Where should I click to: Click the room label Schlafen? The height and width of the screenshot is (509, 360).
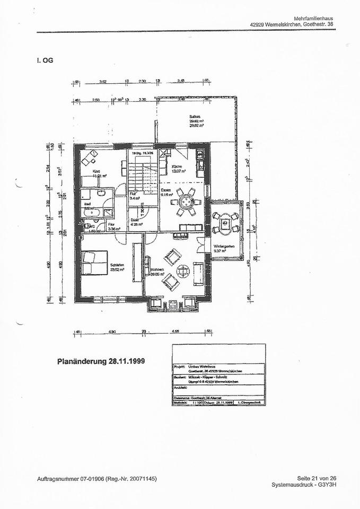(x=117, y=265)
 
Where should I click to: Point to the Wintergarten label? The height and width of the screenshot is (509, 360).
(x=225, y=247)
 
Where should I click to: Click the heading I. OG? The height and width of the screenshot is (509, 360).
(x=45, y=60)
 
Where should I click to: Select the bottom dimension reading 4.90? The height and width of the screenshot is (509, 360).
(x=112, y=331)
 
